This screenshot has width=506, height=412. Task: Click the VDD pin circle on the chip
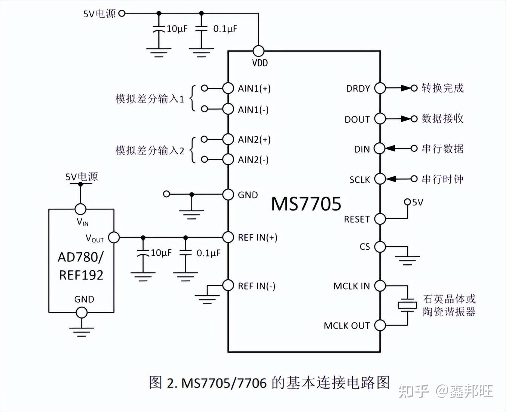tap(258, 51)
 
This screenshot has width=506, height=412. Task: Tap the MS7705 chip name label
tap(306, 204)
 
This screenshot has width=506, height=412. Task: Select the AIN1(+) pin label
tap(254, 89)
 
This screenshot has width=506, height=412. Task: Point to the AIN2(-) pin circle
tap(228, 159)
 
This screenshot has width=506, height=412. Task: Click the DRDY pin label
tap(358, 89)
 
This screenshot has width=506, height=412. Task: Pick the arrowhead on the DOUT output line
tap(405, 119)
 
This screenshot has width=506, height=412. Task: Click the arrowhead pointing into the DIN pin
tap(390, 148)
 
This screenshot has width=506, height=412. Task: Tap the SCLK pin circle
tap(380, 179)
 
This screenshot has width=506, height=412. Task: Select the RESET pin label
tap(357, 219)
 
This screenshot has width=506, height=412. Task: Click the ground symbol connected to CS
tap(407, 259)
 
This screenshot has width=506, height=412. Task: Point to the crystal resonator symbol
tap(407, 305)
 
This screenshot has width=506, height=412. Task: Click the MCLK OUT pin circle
tap(380, 325)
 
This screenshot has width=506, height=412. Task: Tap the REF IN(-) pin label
tap(256, 286)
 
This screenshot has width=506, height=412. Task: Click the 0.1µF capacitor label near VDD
tap(225, 29)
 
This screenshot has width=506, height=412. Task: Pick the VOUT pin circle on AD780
tap(114, 237)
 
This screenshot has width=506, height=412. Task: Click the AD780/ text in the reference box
tap(80, 257)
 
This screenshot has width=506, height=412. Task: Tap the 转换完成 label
tap(443, 88)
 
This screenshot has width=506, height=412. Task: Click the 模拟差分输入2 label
tap(150, 151)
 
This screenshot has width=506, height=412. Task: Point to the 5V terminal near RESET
tap(407, 202)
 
